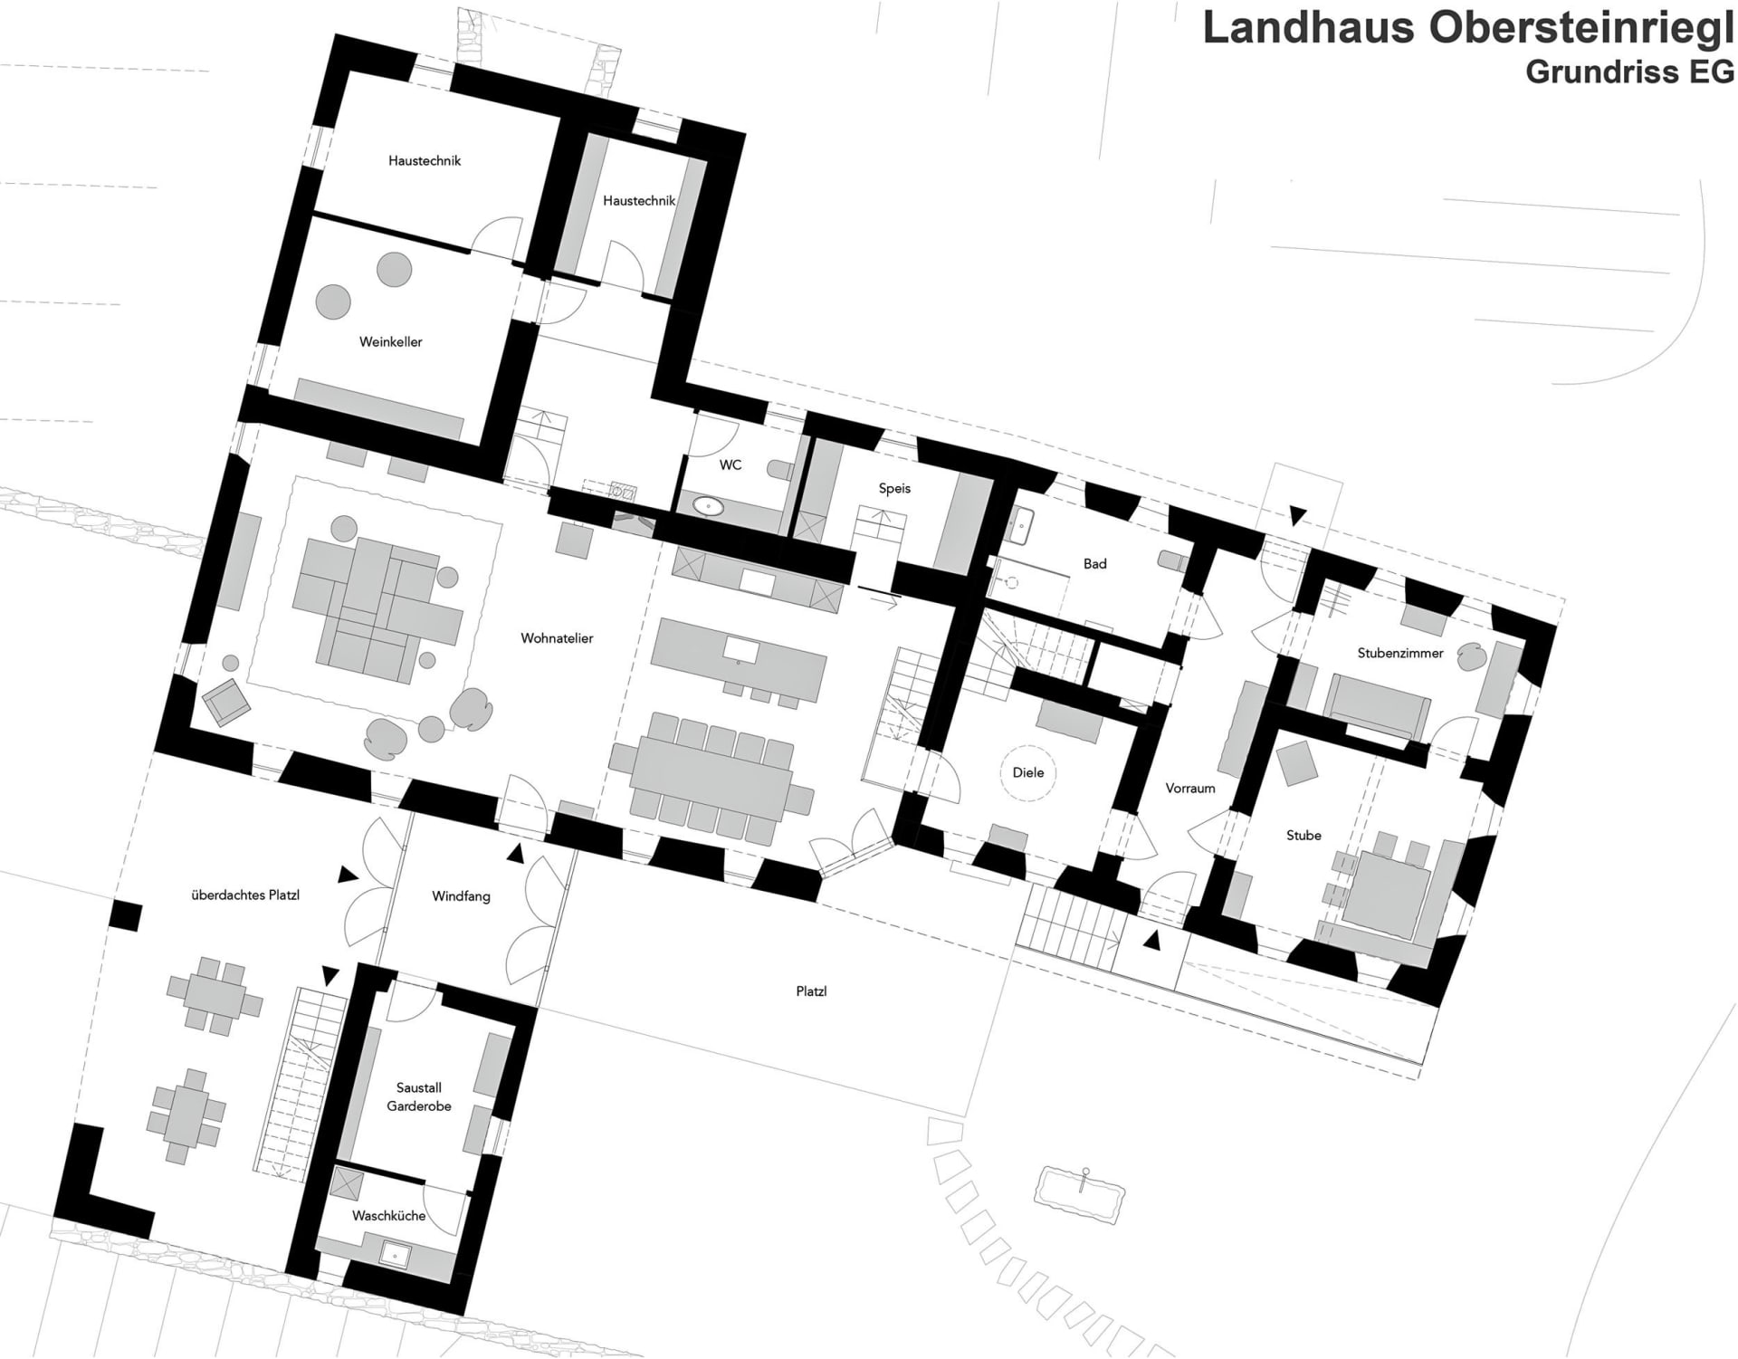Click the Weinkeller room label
click(390, 342)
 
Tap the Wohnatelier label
click(557, 638)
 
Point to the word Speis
click(894, 489)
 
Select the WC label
click(731, 465)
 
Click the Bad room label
click(1095, 564)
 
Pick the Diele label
click(1028, 772)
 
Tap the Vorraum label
click(1190, 789)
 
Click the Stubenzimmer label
click(1400, 653)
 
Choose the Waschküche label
click(388, 1216)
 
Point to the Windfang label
click(461, 896)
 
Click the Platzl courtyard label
click(811, 991)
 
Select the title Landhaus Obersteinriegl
click(1468, 28)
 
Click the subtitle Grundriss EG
click(1629, 72)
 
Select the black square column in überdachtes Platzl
click(125, 916)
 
